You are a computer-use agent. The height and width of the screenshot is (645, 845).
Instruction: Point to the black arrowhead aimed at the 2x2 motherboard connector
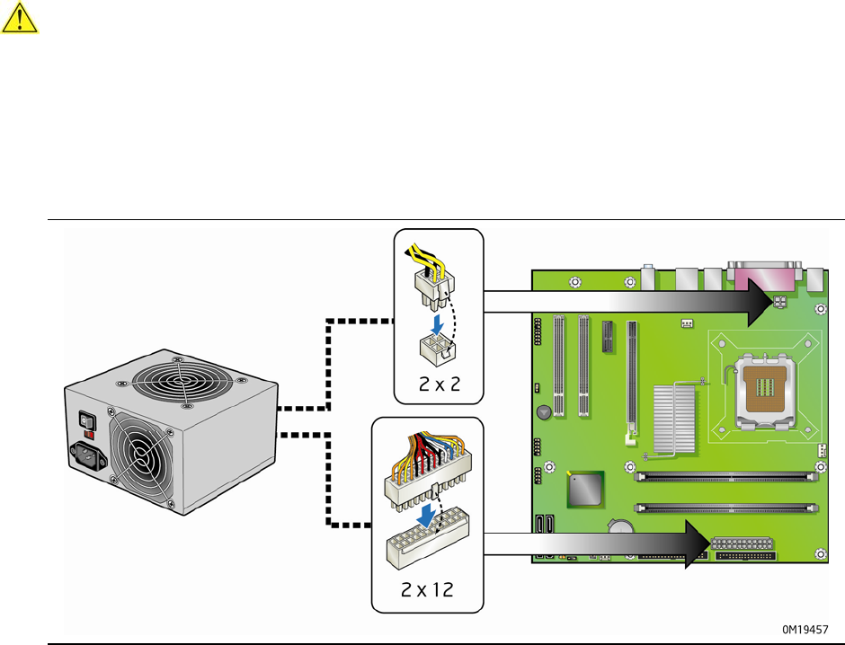[x=755, y=304]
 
